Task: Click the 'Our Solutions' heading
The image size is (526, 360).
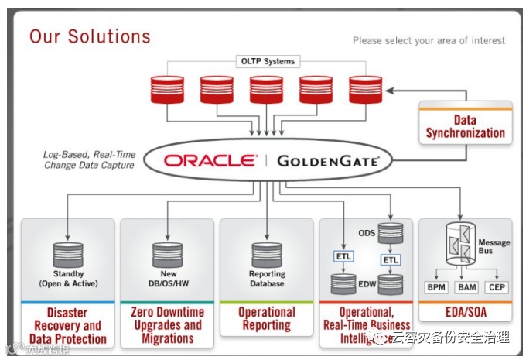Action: tap(90, 36)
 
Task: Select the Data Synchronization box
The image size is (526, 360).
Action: tap(465, 126)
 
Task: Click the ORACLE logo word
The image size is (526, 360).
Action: tap(210, 161)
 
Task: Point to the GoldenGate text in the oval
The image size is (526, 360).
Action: tap(328, 162)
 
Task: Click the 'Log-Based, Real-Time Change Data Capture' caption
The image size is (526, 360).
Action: tap(89, 159)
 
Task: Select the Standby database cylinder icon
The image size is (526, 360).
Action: tap(67, 252)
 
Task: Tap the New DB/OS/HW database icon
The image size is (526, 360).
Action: tap(167, 252)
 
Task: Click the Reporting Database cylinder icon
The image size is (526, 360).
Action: tap(267, 254)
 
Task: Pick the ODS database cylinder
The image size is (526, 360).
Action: tap(391, 231)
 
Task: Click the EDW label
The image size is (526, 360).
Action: tap(366, 286)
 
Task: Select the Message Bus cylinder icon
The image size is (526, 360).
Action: tap(463, 244)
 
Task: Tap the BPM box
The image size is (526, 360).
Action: tap(437, 287)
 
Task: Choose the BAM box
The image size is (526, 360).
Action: tap(466, 287)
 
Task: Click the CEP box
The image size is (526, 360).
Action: tap(496, 287)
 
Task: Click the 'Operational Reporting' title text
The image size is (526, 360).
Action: tap(267, 319)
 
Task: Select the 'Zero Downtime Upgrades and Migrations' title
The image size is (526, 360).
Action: tap(167, 325)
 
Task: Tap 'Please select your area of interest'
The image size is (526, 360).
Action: tap(429, 40)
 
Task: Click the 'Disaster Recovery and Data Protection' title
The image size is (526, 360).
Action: tap(68, 325)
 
